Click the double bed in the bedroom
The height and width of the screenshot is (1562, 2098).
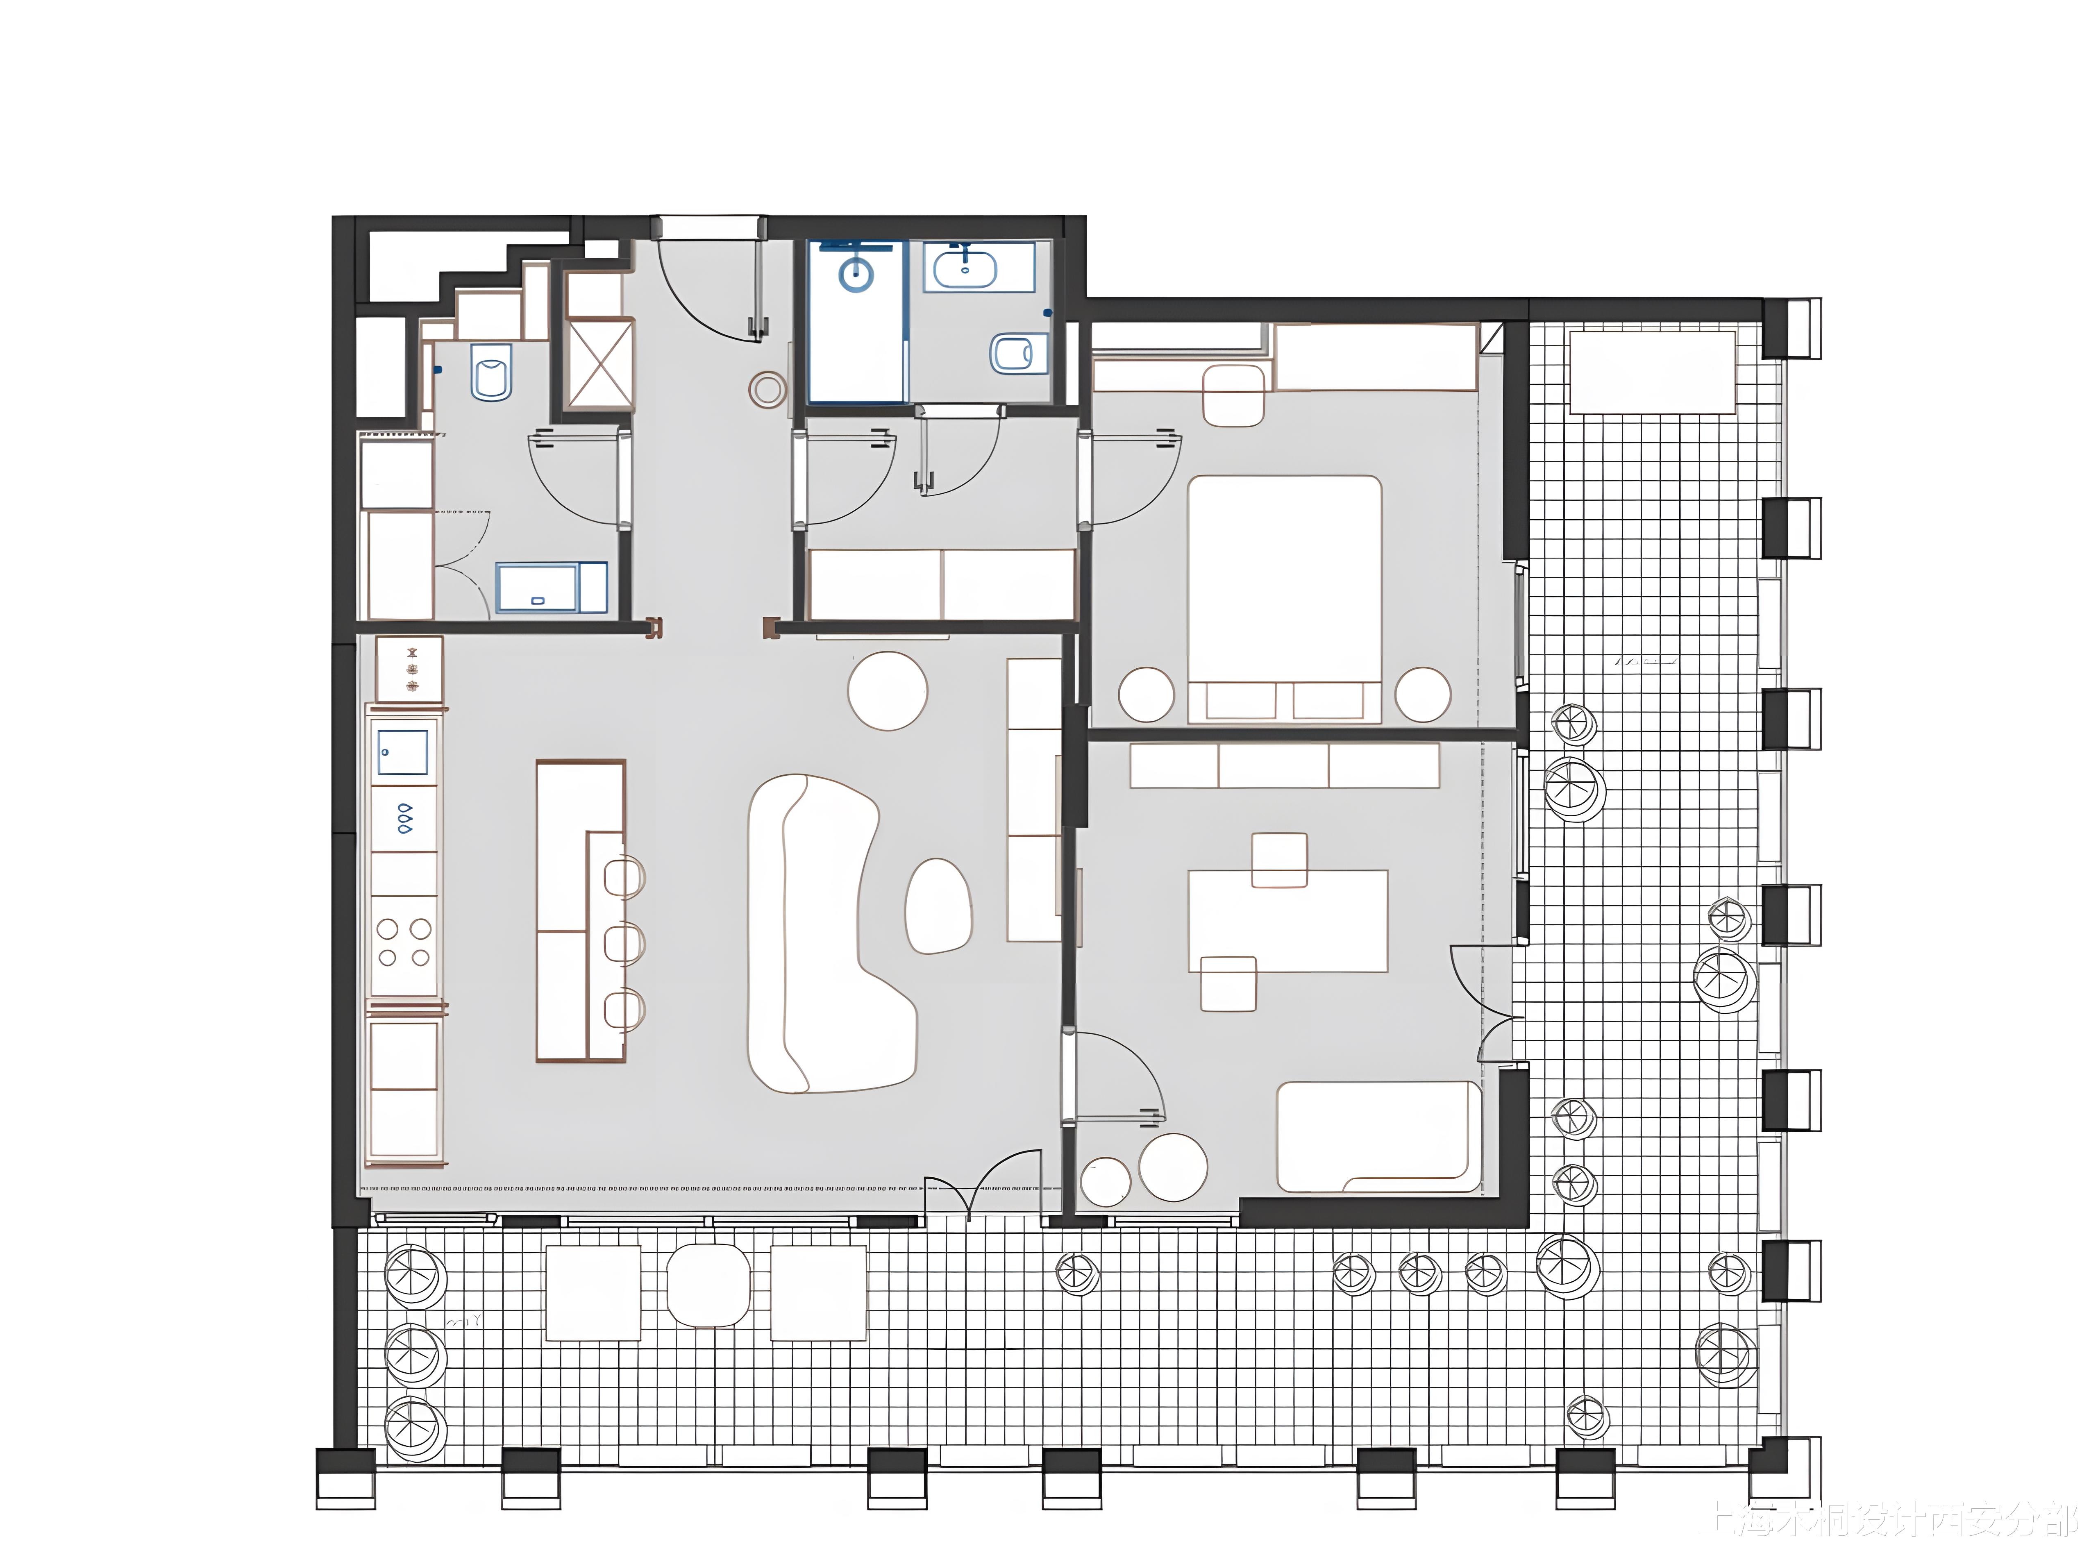coord(1284,586)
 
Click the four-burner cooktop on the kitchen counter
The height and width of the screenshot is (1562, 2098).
coord(404,943)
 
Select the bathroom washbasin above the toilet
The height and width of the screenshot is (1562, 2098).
coord(964,268)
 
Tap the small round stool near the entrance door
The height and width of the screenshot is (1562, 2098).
coord(767,388)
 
